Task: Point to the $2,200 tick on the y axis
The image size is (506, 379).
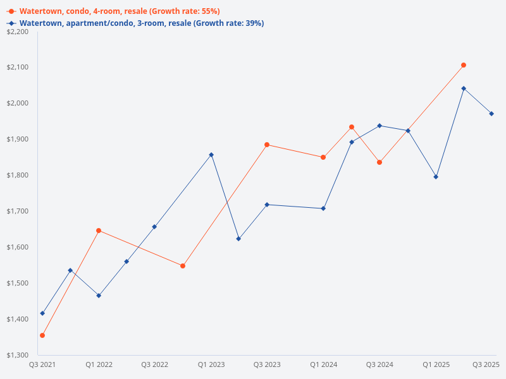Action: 18,32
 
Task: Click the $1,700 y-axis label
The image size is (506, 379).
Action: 18,211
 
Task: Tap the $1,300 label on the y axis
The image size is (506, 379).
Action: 18,355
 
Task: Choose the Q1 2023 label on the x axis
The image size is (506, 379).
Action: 211,364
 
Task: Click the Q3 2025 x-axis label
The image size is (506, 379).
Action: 486,364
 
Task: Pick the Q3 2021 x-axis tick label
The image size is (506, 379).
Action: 42,364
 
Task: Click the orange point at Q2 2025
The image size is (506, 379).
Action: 464,65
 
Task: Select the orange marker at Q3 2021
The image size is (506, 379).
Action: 42,335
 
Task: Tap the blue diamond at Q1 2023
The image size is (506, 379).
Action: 211,155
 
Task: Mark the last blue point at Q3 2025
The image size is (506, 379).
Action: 491,114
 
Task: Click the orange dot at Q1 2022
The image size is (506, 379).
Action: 99,231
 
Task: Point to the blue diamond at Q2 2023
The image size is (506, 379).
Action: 238,239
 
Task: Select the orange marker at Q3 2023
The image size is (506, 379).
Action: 267,145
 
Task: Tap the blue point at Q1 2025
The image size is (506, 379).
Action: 436,177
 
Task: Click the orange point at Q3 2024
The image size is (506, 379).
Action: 379,162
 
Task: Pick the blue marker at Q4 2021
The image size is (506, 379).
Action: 70,270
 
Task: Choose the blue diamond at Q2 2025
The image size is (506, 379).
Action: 464,88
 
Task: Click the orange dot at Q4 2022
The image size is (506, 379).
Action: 183,266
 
